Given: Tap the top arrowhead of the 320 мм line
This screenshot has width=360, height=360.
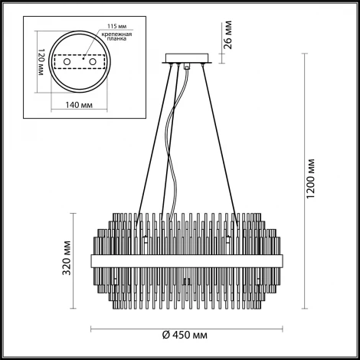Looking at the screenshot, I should coord(74,215).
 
